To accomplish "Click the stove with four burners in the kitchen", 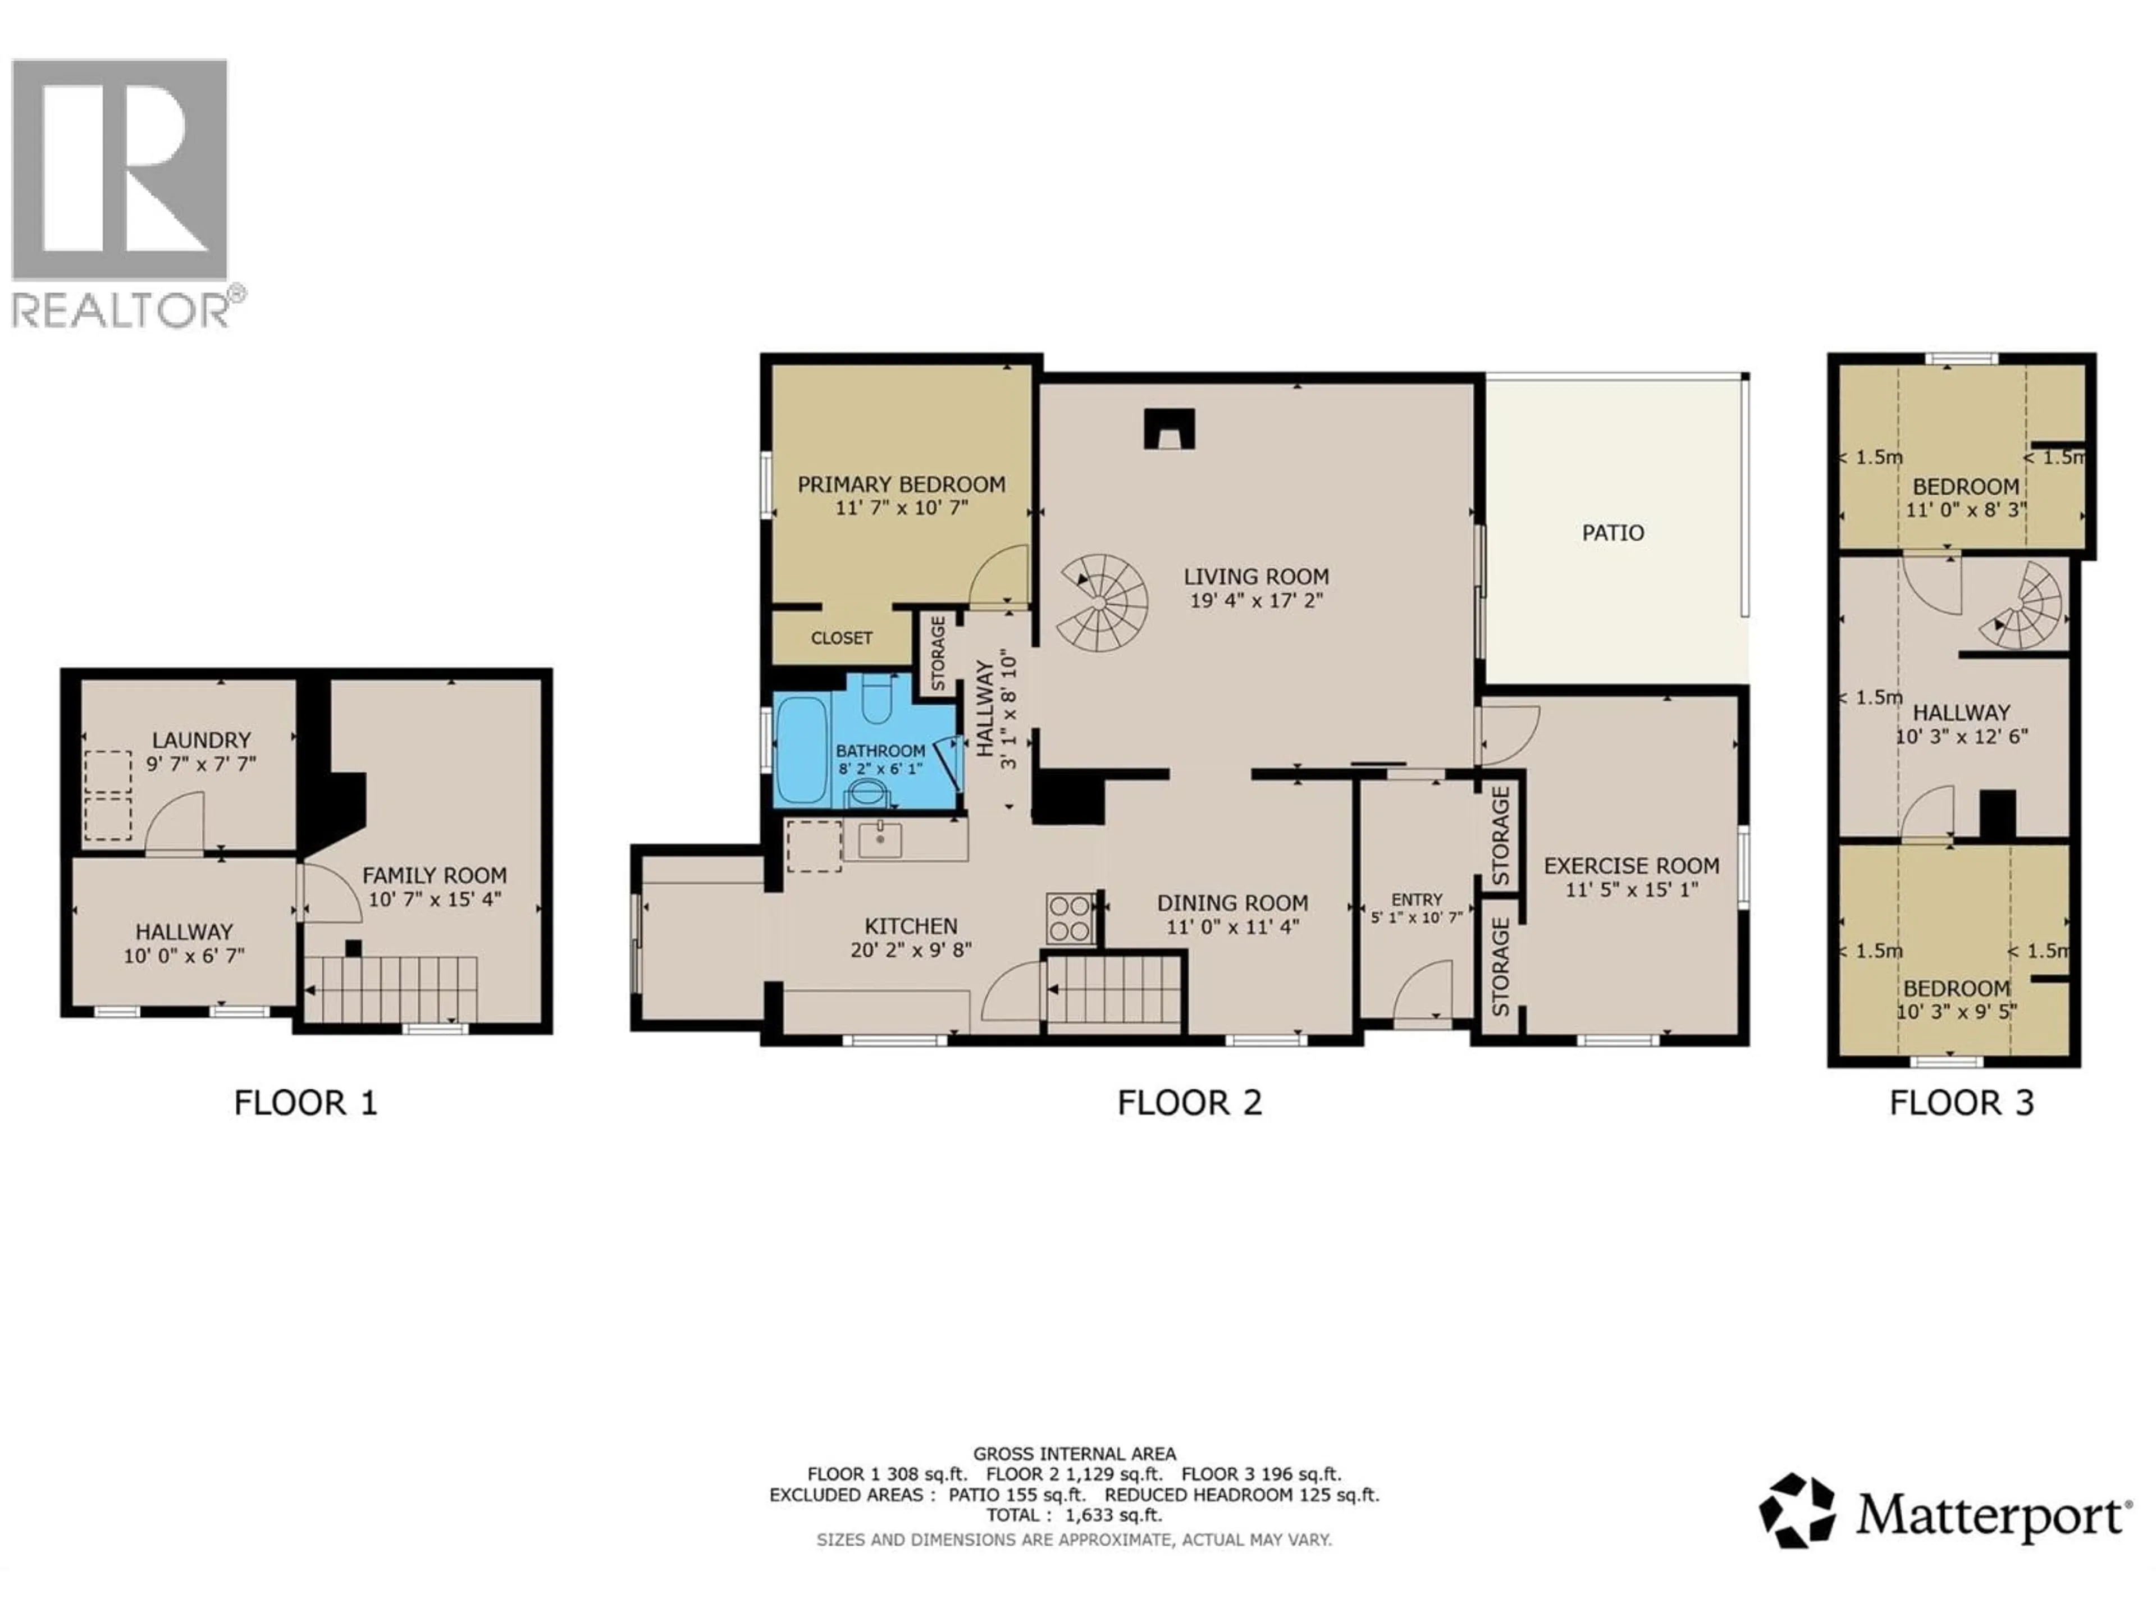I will [1069, 918].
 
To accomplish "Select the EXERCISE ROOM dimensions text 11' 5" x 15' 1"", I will [1632, 889].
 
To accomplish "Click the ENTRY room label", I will [1416, 899].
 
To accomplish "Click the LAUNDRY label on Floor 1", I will [201, 740].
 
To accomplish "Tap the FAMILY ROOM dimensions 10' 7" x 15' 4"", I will [435, 899].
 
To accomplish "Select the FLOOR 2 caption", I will [1189, 1103].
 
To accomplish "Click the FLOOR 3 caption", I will [1961, 1103].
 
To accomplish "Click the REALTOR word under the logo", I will [120, 310].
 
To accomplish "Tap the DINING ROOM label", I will [1232, 903].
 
